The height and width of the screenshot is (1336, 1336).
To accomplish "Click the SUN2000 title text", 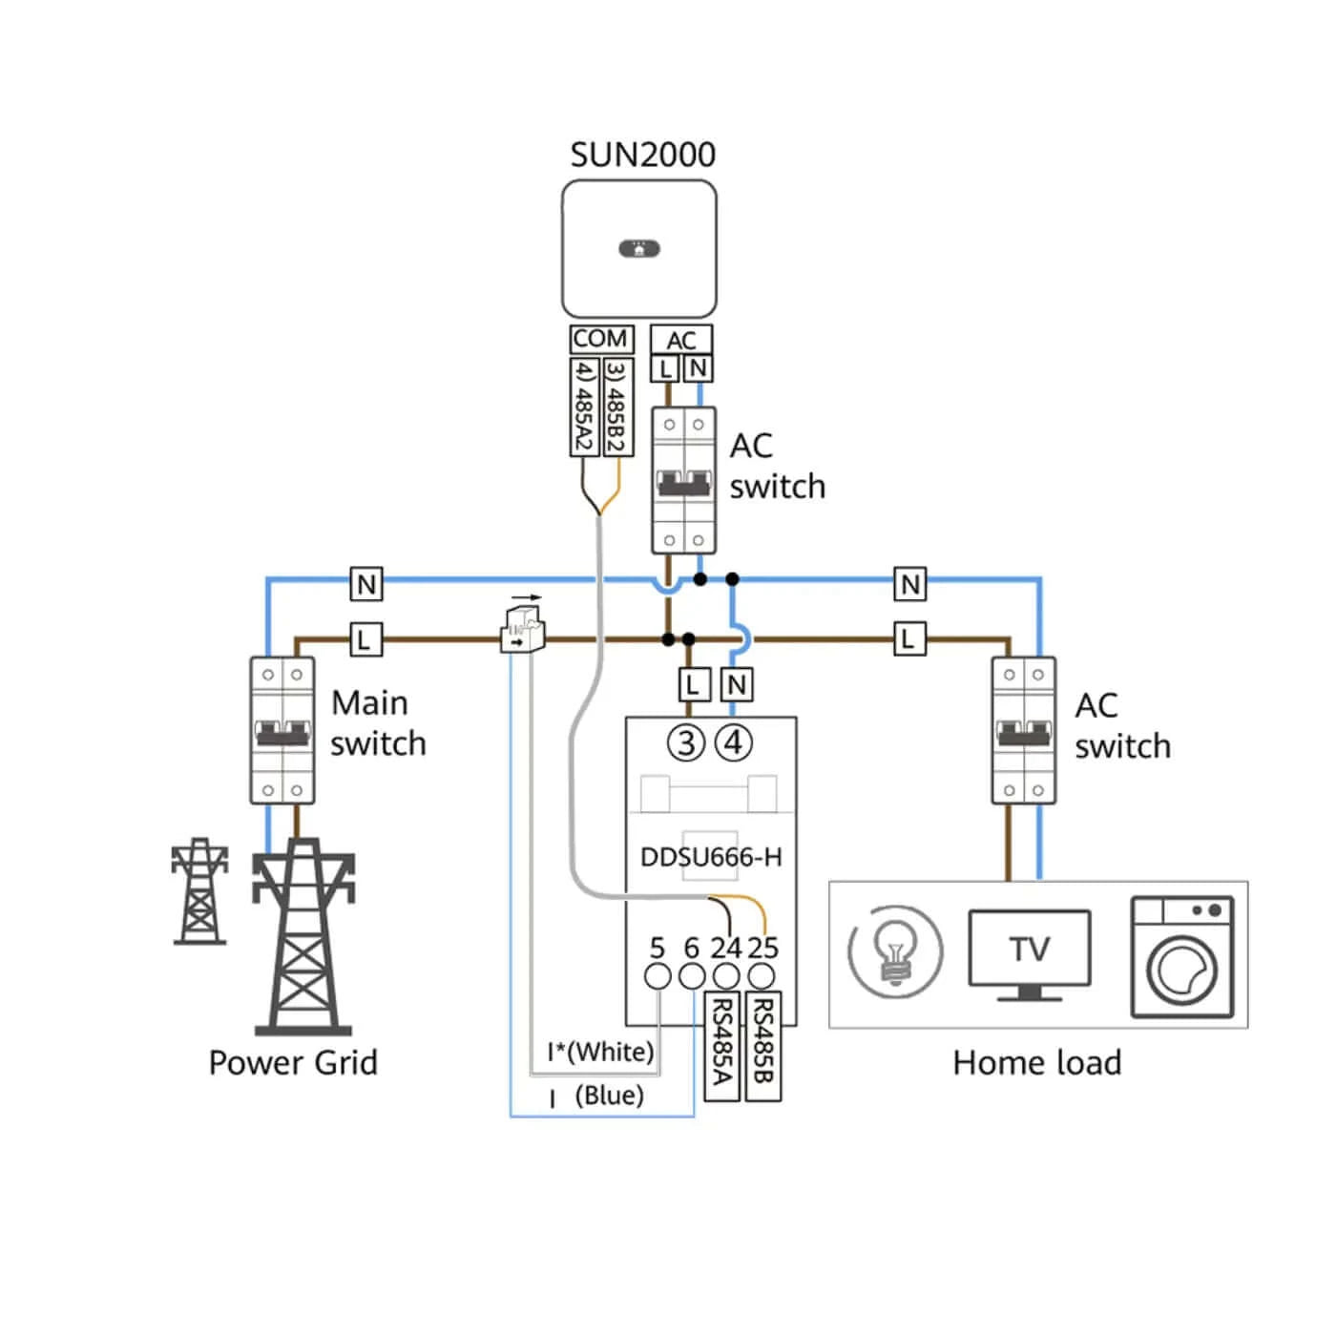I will [x=642, y=155].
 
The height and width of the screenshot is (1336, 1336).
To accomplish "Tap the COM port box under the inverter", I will [x=600, y=340].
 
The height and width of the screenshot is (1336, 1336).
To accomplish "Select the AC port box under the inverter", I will [x=680, y=341].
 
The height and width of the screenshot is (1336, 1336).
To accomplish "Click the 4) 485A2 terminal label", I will [x=584, y=407].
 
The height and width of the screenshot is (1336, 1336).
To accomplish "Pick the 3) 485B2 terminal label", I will [x=617, y=407].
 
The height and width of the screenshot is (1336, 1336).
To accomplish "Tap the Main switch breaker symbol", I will [x=282, y=730].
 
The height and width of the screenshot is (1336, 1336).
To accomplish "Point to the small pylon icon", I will [x=199, y=891].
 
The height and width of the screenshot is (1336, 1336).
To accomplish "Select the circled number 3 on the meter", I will [x=686, y=743].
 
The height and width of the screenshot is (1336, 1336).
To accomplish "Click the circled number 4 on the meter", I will [x=733, y=743].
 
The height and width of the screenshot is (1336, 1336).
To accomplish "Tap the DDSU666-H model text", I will [x=711, y=857].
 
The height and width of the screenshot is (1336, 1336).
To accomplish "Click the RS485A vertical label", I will [x=721, y=1046].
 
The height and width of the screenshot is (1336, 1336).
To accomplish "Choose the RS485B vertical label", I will [x=762, y=1046].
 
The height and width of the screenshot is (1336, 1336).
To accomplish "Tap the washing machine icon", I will [x=1182, y=957].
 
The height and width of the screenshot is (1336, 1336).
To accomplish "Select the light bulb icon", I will [x=894, y=952].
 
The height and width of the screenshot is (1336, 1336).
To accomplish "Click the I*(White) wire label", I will [x=600, y=1052].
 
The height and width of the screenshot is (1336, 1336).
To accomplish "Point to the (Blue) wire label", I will [x=609, y=1096].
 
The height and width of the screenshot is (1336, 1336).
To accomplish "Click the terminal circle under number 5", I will [x=658, y=976].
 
